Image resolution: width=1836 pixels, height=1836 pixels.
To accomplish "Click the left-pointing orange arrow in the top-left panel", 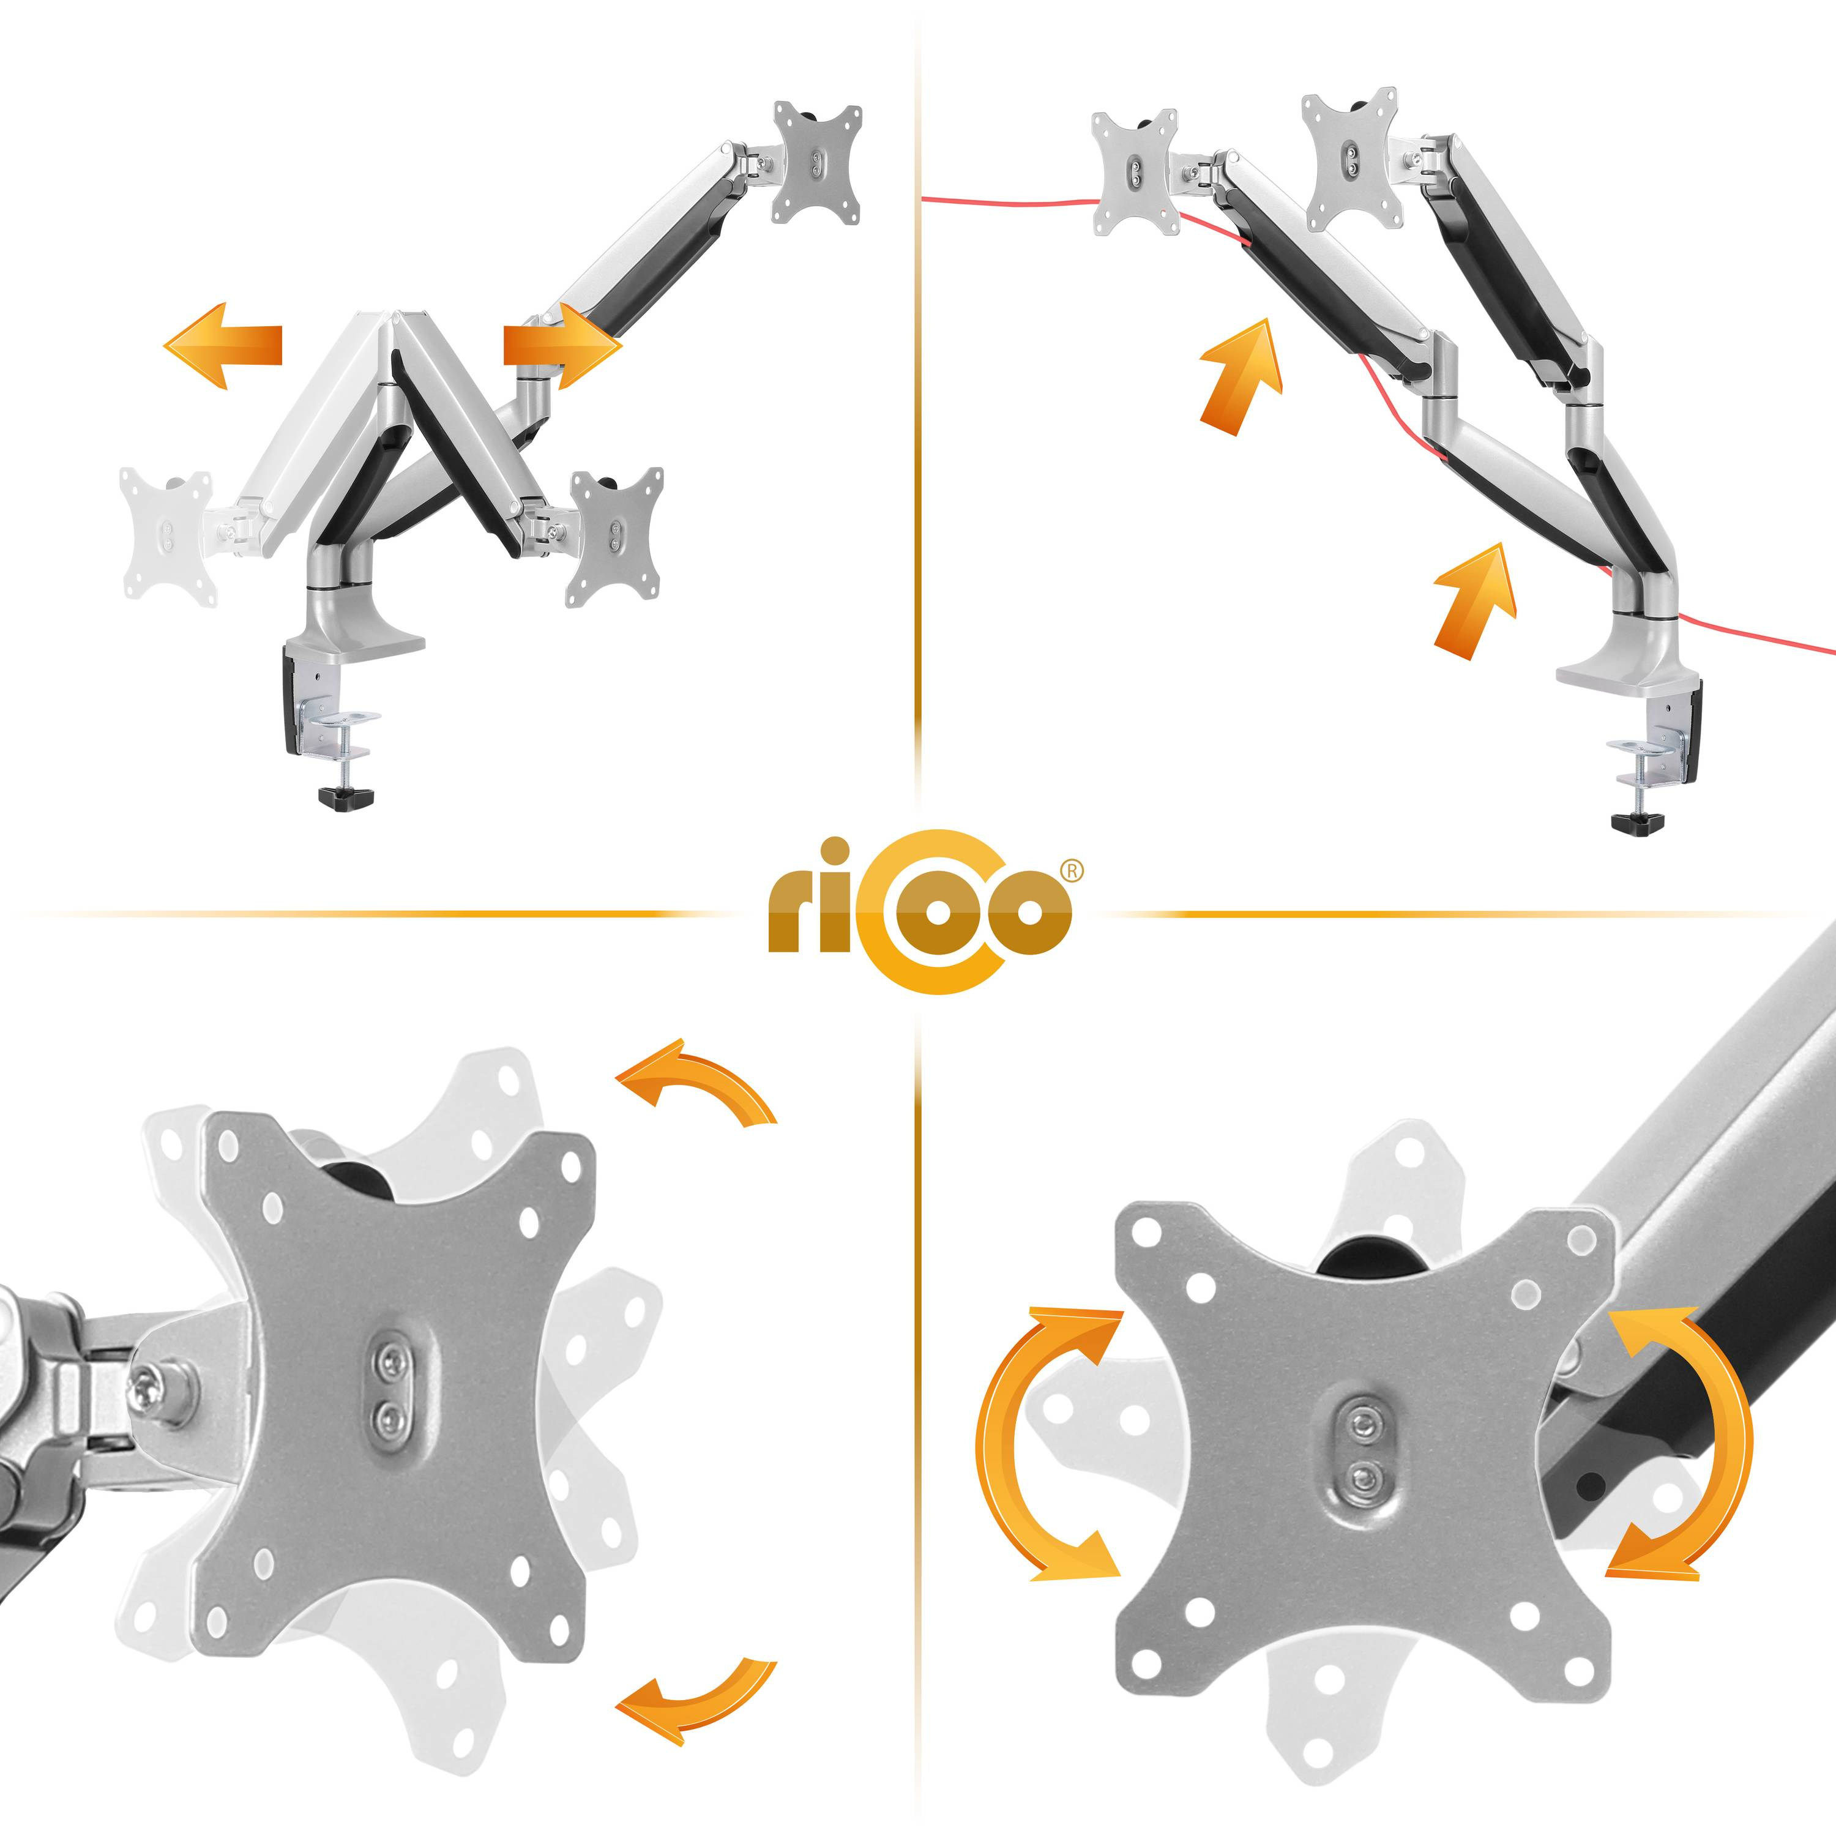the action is (223, 346).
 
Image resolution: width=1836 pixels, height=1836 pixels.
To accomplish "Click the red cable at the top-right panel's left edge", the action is (1007, 200).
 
